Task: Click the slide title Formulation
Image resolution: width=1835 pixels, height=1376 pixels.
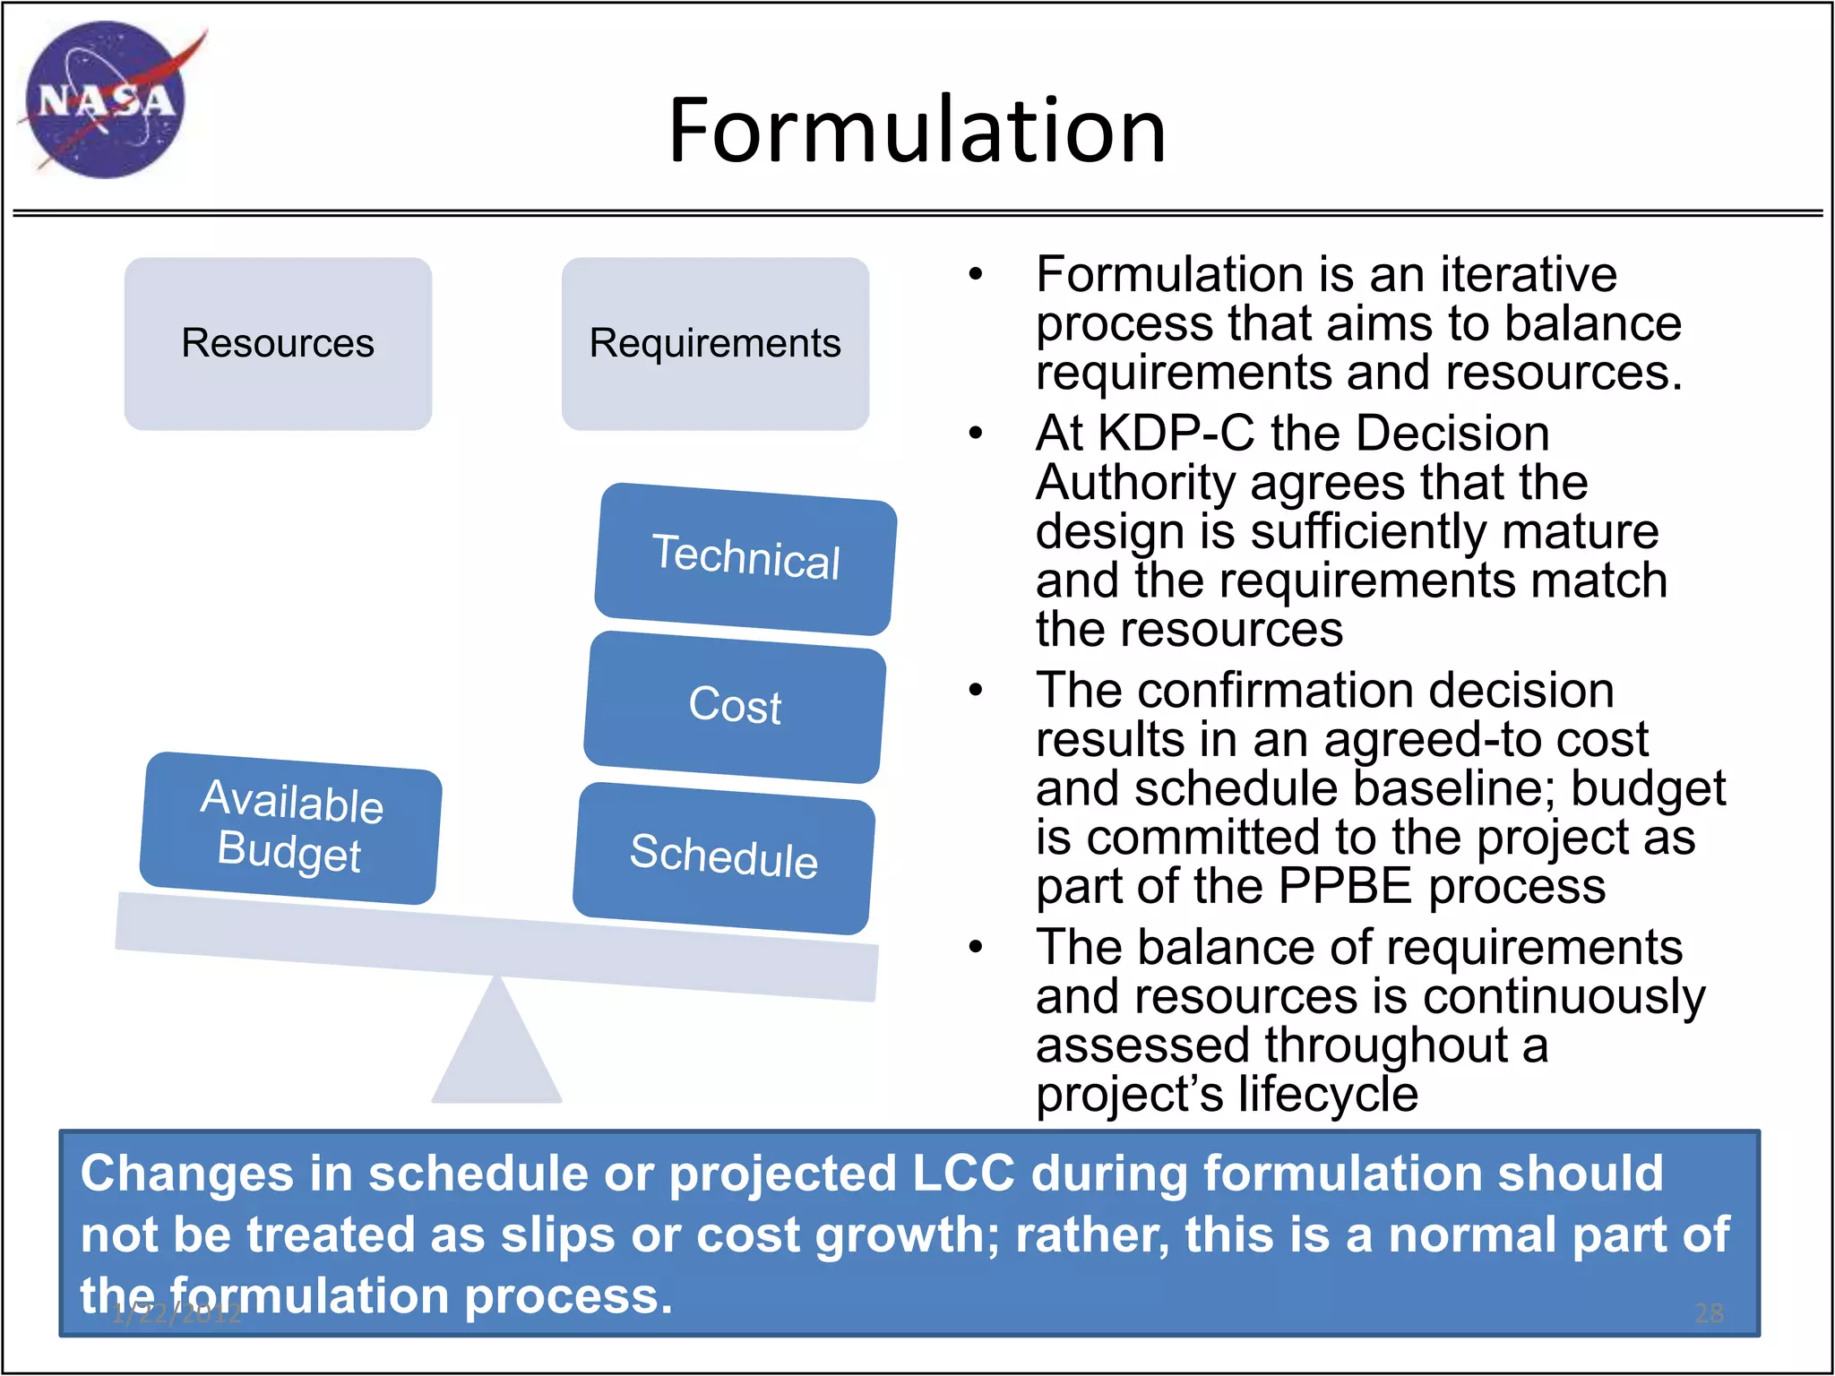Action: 917,131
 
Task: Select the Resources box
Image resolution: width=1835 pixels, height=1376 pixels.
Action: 278,343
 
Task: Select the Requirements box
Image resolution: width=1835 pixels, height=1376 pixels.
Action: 715,343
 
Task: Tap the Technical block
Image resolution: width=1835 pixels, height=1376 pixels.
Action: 745,558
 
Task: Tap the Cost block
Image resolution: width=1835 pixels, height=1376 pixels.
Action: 735,706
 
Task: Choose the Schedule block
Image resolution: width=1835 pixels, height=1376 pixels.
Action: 724,856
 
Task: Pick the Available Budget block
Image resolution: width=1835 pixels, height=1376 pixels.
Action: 290,827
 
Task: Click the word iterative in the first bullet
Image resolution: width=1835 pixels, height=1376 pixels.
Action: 1528,274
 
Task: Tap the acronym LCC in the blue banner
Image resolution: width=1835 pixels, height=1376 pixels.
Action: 963,1174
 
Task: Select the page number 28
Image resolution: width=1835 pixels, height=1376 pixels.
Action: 1709,1313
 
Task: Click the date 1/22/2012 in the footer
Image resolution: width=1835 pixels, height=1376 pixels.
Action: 177,1313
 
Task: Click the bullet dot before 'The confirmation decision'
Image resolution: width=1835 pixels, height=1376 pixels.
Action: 976,691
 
